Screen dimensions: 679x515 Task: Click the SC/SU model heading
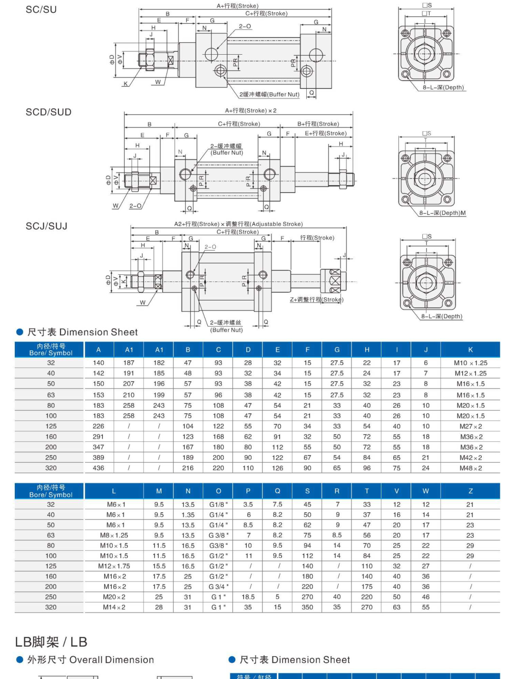(41, 10)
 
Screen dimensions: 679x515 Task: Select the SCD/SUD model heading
(49, 112)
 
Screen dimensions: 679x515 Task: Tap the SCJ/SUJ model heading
(47, 226)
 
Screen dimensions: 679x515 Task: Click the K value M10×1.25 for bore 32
(470, 363)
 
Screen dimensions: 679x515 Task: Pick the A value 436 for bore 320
(98, 468)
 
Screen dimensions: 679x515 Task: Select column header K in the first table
(470, 349)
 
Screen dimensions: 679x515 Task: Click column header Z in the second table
(470, 491)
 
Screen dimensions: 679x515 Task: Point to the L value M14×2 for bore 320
(114, 607)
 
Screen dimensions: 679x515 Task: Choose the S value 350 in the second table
(307, 607)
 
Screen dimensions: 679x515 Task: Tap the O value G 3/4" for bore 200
(218, 587)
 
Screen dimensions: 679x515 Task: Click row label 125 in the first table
(51, 426)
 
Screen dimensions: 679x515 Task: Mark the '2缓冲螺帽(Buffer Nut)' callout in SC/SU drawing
(269, 94)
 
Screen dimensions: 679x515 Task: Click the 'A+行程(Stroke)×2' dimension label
(251, 110)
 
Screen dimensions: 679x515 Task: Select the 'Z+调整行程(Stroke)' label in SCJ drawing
(317, 300)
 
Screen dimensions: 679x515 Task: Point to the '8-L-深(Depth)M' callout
(442, 213)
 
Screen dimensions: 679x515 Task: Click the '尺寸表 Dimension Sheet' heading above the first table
(82, 332)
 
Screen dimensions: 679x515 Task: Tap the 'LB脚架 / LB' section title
(51, 642)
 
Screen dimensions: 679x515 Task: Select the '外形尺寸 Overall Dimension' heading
(90, 660)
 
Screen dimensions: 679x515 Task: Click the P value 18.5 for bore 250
(248, 597)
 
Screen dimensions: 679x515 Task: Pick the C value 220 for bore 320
(218, 468)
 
